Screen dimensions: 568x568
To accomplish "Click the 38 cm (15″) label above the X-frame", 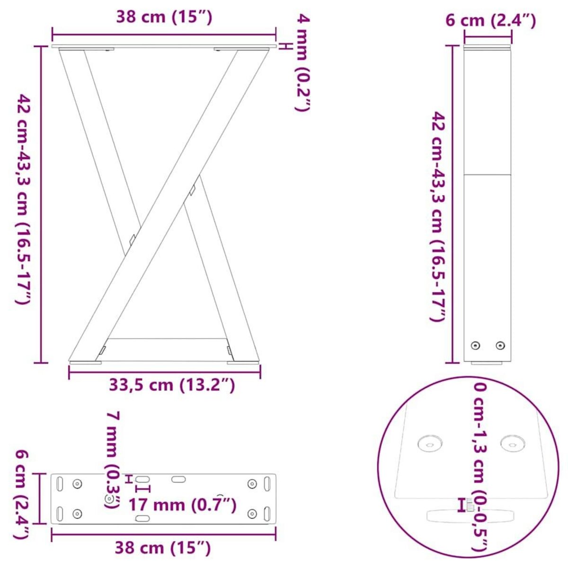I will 164,18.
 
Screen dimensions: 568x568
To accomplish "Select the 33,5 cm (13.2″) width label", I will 172,385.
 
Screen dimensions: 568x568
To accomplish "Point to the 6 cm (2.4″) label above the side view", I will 491,20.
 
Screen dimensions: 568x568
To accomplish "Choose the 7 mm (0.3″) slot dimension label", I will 112,459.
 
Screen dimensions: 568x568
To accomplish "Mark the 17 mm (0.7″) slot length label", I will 182,505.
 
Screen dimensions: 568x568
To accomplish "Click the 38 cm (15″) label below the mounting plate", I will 162,548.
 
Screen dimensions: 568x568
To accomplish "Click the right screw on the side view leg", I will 500,345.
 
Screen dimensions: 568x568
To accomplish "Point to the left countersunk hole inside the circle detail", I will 430,444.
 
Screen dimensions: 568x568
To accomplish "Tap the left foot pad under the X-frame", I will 86,363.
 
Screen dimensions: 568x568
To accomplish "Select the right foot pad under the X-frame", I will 243,363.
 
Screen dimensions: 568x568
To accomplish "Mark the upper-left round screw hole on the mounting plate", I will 77,483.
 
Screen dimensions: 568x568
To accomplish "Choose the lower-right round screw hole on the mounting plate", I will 253,514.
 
